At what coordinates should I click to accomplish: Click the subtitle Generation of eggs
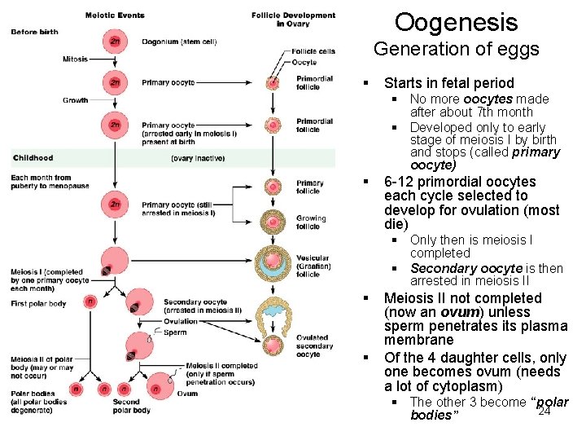click(x=456, y=50)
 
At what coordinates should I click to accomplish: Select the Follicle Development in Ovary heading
click(x=293, y=20)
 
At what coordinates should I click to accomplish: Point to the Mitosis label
click(x=75, y=59)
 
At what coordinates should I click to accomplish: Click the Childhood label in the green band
click(x=33, y=157)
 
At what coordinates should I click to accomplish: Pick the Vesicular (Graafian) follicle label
click(x=313, y=266)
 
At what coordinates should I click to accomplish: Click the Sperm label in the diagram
click(x=174, y=332)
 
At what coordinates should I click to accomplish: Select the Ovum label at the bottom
click(x=187, y=393)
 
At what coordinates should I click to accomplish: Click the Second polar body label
click(x=127, y=406)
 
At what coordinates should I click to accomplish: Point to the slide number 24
click(x=544, y=411)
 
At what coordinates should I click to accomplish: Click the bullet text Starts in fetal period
click(x=448, y=83)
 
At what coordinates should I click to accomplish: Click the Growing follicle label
click(x=311, y=222)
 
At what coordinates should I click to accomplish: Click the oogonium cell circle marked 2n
click(x=115, y=42)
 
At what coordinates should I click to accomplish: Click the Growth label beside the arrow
click(x=75, y=100)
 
